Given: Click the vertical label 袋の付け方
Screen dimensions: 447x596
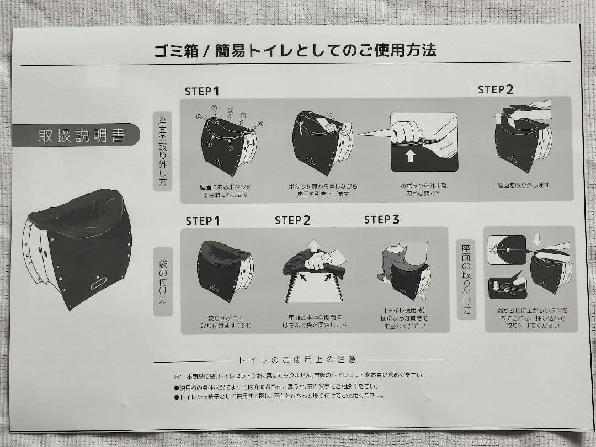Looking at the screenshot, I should [163, 281].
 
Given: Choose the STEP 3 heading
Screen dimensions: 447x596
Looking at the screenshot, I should [381, 220].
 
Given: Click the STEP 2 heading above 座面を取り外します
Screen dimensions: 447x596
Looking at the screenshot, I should [495, 89].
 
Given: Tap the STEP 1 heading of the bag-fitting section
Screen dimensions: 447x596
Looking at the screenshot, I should [203, 221].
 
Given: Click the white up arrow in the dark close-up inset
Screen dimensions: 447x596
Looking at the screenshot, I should [410, 156].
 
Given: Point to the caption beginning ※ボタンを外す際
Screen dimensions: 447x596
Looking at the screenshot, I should [423, 190].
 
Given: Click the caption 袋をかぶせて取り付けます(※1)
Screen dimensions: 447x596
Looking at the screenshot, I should [226, 322].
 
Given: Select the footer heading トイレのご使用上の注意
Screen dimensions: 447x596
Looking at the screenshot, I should [297, 359].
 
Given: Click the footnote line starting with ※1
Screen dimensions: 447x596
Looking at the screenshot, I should [298, 375].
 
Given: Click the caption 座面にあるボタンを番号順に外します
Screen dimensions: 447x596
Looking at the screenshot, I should [225, 190].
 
